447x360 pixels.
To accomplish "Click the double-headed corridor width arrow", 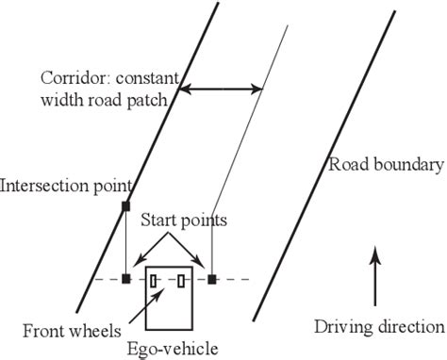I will pos(222,90).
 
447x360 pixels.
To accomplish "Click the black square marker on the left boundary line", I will pos(125,205).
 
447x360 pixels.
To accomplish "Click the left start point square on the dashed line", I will pos(125,279).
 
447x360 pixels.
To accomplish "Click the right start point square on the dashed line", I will pos(212,279).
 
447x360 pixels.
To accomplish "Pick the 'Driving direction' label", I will pos(378,327).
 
